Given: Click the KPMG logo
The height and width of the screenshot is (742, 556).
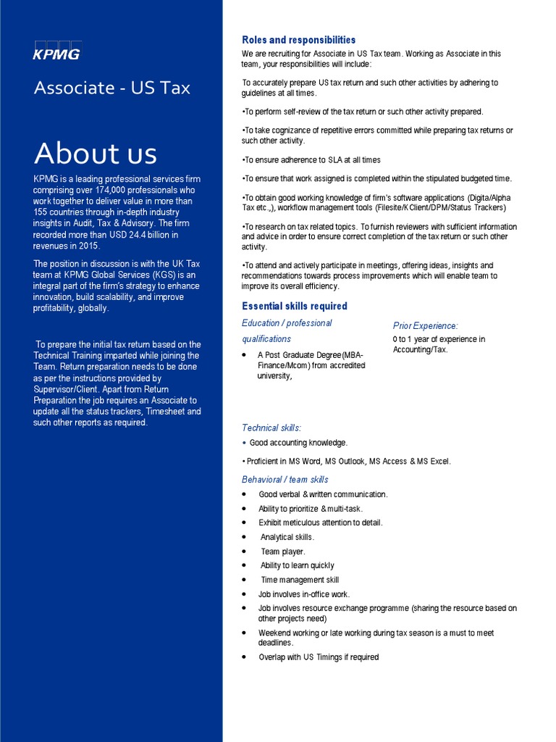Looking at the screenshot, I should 56,50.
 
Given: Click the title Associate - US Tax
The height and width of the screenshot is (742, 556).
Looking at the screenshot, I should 112,88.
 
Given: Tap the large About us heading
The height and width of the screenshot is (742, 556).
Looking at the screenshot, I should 95,153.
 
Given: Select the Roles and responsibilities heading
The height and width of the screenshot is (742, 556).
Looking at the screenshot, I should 298,40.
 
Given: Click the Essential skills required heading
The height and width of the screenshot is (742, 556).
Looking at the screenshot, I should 294,306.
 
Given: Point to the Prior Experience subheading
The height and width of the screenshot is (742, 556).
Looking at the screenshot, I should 425,326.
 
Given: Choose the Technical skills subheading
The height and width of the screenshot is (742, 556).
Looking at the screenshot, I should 271,428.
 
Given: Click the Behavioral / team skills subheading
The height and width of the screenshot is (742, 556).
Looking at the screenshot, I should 285,480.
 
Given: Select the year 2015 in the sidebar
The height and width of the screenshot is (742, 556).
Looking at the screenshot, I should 86,246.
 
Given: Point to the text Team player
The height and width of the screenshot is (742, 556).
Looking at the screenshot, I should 283,551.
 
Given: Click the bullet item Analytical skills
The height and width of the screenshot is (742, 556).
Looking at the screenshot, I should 287,537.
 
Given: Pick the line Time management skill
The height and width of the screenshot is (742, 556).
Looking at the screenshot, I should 300,580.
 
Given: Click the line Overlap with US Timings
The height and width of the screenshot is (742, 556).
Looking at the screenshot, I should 319,657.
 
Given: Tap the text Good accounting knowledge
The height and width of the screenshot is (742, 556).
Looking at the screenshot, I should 298,443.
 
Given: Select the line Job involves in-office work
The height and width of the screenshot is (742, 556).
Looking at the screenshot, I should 304,594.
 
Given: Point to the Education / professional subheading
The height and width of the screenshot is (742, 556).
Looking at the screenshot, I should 287,323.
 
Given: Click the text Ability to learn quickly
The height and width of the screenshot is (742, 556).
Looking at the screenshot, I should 298,565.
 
